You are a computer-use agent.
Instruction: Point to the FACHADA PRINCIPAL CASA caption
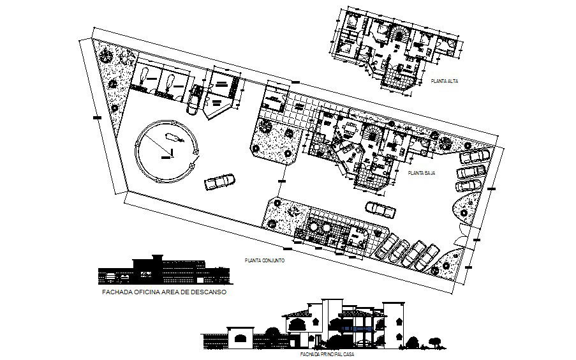click(328, 353)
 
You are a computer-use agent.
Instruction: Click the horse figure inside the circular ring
click(172, 136)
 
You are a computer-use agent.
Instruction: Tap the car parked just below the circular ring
click(219, 183)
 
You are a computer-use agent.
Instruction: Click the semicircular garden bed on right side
click(465, 208)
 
